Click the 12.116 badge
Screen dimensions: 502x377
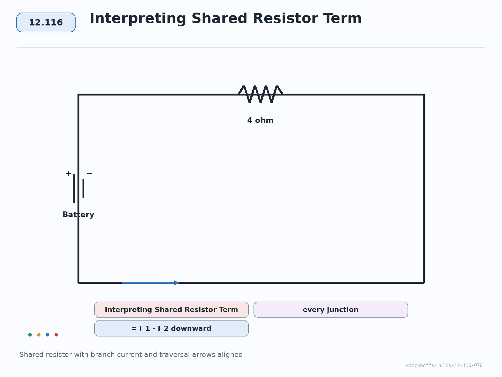pos(46,22)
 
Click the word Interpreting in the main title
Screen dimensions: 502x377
pos(138,19)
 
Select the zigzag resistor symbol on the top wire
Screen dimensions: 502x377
pos(260,94)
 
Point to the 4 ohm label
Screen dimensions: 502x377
pos(260,120)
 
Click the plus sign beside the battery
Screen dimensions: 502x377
pos(68,173)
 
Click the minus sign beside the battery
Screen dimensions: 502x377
pos(89,173)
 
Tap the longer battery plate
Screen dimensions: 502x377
pos(74,188)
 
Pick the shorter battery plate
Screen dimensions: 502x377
pos(83,188)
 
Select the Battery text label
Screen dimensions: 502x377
pos(78,215)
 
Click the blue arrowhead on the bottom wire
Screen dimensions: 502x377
pos(176,283)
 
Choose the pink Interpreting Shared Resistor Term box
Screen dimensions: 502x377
pos(171,310)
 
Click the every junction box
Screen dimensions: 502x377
pos(331,310)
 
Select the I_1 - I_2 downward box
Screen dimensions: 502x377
pos(171,329)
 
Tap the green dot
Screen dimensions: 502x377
pos(30,335)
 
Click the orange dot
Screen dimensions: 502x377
pos(39,335)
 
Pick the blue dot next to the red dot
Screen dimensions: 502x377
pos(48,335)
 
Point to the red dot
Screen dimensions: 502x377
pos(56,335)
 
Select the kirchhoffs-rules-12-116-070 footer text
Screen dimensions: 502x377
pos(444,365)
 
